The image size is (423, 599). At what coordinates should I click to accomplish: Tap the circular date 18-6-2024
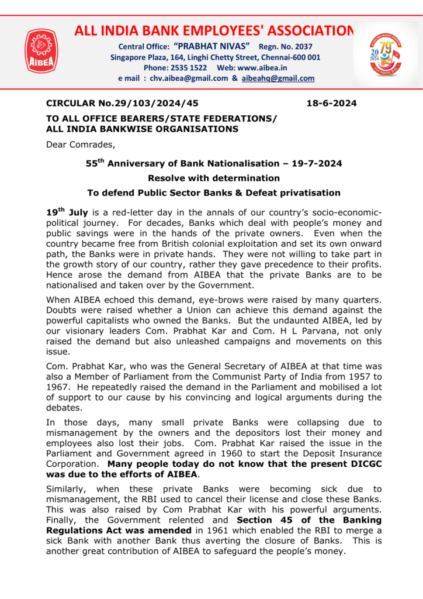pyautogui.click(x=331, y=104)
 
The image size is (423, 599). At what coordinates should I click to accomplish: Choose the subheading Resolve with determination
pyautogui.click(x=214, y=178)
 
